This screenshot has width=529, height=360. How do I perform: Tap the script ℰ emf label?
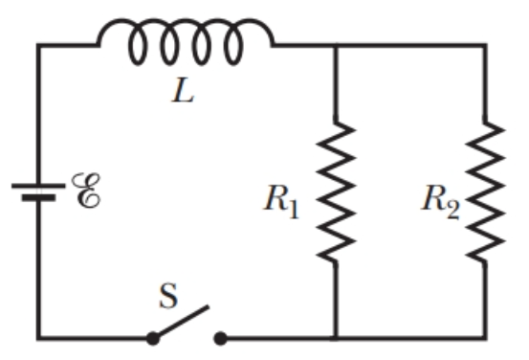(x=85, y=191)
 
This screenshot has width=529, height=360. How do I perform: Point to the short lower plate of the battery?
(x=38, y=198)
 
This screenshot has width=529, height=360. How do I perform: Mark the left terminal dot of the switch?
(x=152, y=338)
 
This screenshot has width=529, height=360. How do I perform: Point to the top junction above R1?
(x=335, y=44)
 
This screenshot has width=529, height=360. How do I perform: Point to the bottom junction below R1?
(x=335, y=338)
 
